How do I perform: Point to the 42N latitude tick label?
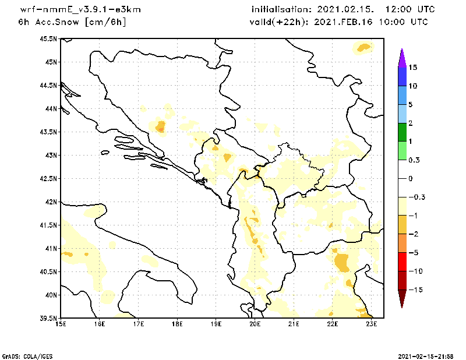(51, 202)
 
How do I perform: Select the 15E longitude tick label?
(61, 324)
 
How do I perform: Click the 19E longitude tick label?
(216, 324)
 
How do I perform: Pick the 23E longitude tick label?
(372, 324)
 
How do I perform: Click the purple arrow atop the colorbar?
(401, 57)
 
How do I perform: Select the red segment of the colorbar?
(401, 262)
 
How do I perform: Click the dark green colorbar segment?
(401, 132)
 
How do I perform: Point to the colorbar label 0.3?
(415, 160)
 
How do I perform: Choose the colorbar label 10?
(413, 86)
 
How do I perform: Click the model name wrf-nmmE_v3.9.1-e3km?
(80, 10)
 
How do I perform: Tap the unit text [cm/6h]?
(105, 22)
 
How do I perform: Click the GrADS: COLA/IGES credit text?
(22, 355)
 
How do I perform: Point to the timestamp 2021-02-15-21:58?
(425, 355)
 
